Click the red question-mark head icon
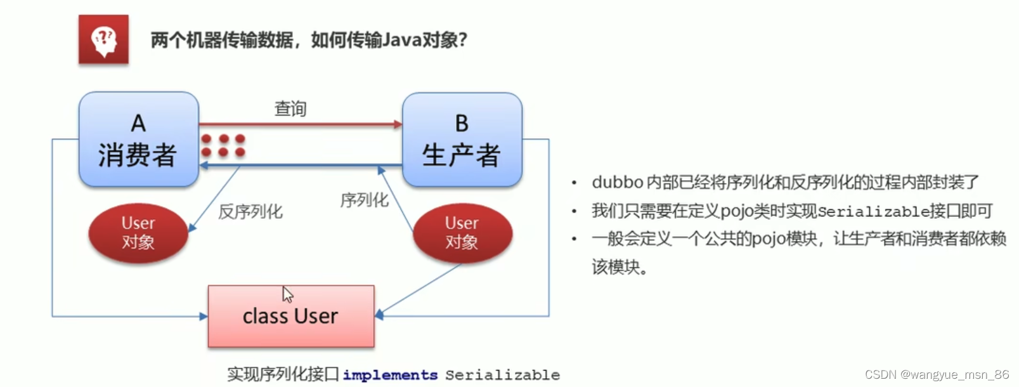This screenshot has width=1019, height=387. (103, 40)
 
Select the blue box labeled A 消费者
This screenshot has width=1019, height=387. (138, 140)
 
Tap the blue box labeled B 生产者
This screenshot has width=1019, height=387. (462, 140)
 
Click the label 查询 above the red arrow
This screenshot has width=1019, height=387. (290, 109)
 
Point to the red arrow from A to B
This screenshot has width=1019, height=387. (300, 124)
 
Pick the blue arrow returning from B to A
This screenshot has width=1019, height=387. (300, 166)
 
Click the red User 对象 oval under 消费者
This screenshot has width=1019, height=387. (138, 233)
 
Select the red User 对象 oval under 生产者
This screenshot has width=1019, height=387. (462, 233)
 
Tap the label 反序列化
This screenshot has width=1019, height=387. (250, 212)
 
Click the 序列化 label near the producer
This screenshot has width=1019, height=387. (364, 200)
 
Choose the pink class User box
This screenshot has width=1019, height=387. (291, 316)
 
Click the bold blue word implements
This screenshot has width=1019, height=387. (390, 375)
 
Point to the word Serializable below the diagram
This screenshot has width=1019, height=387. (502, 375)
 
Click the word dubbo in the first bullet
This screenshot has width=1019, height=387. (617, 183)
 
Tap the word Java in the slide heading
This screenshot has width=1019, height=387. (402, 41)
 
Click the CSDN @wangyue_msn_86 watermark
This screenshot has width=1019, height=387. (937, 374)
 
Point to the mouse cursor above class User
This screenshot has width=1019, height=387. (287, 294)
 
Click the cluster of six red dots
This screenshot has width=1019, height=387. (223, 145)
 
